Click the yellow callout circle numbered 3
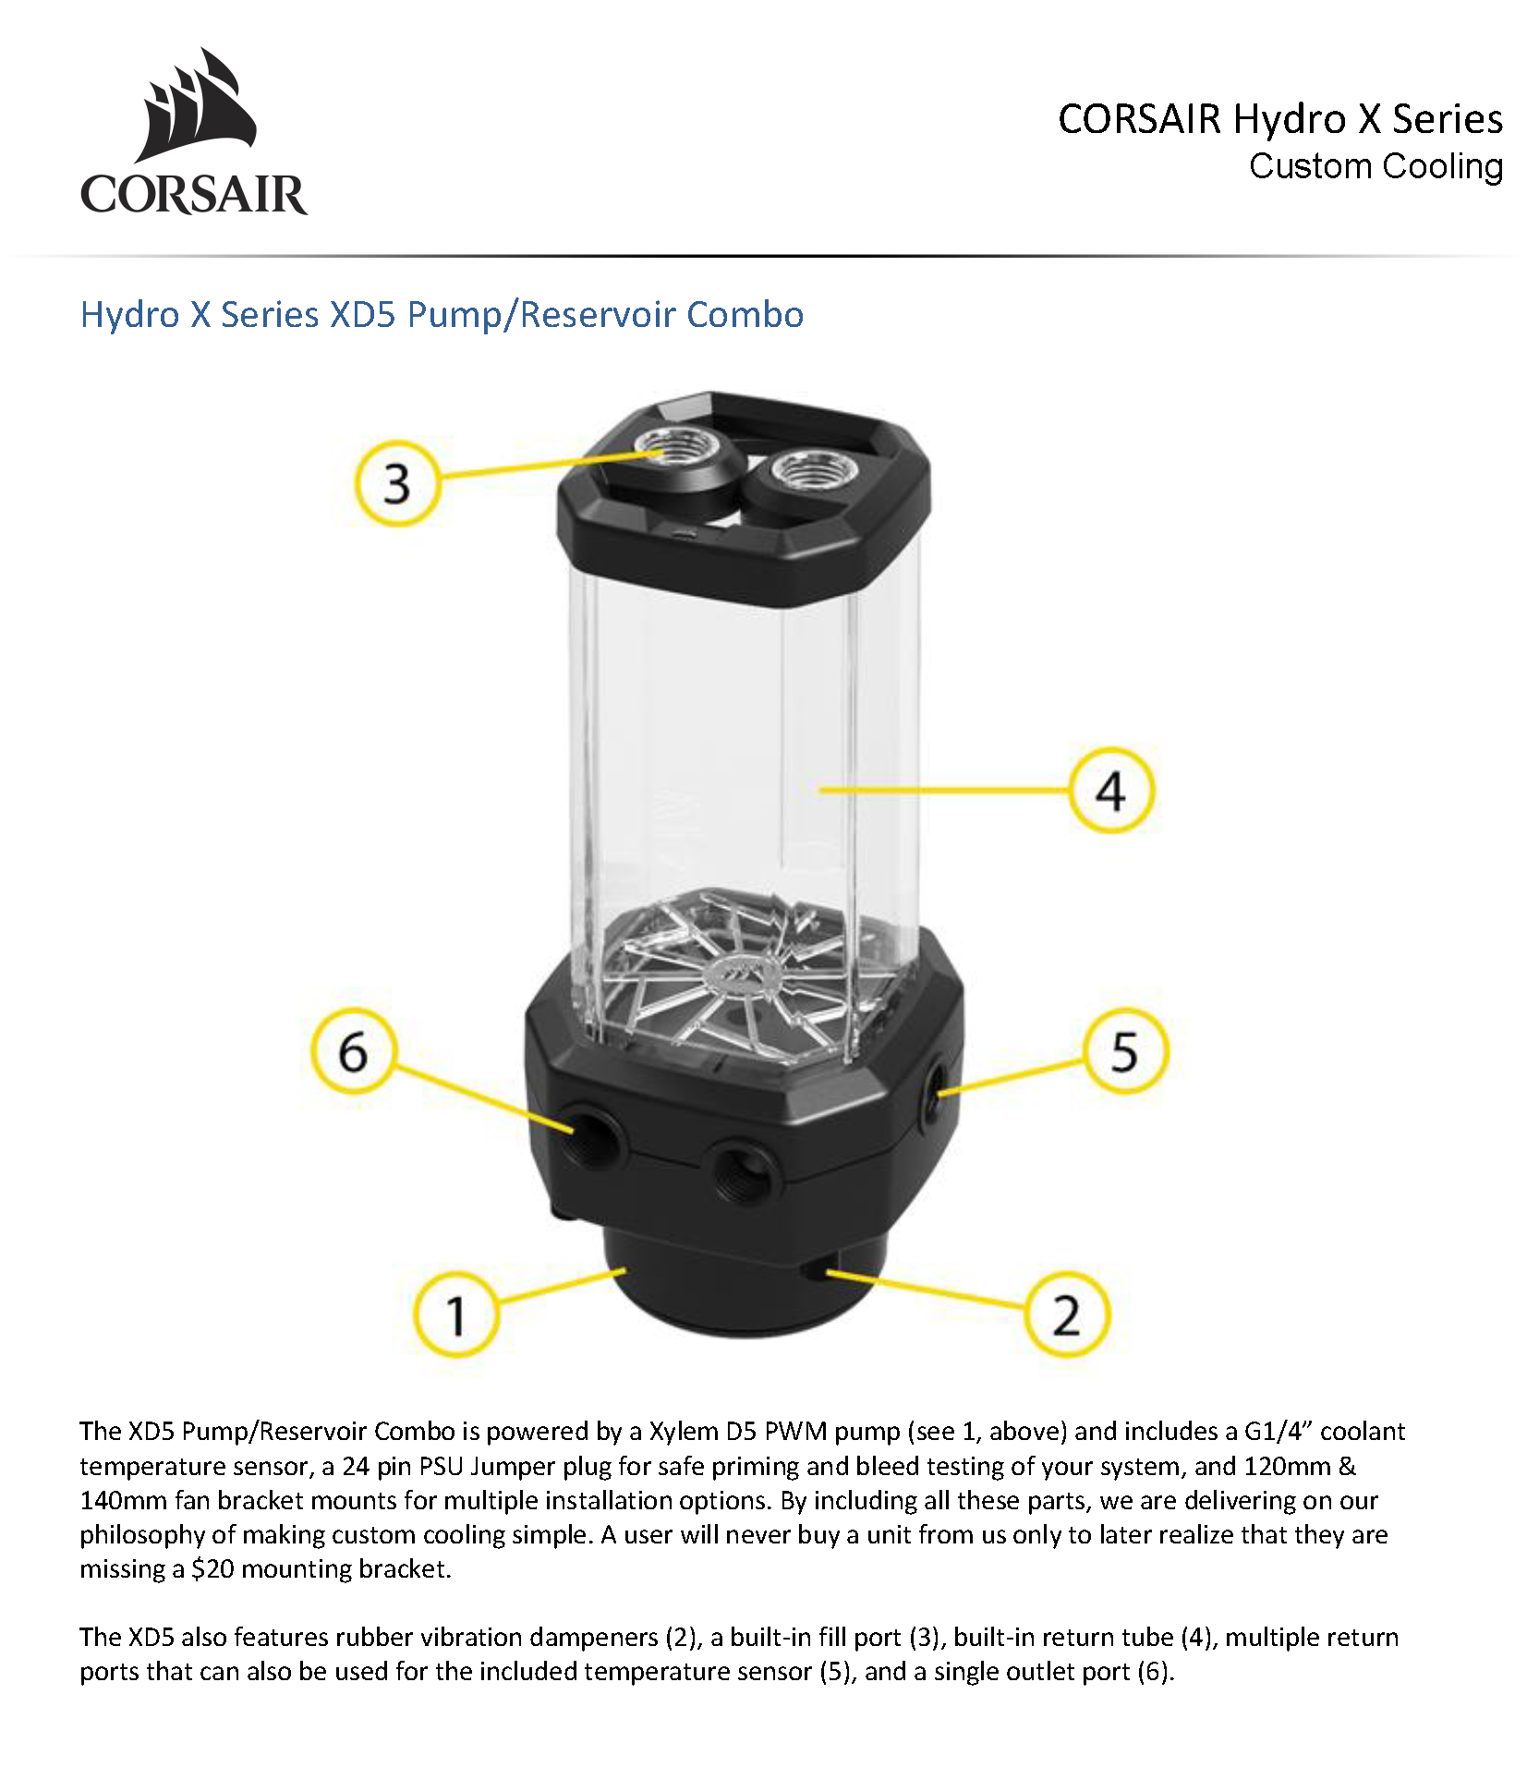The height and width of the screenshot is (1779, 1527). (x=396, y=483)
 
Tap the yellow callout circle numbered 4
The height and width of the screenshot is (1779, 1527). (x=1110, y=790)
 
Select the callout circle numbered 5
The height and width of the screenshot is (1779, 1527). (x=1124, y=1051)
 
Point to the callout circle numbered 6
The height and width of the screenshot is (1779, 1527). (x=353, y=1051)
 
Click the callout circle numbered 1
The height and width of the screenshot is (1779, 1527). (x=455, y=1314)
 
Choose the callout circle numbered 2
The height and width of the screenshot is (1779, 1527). (x=1066, y=1314)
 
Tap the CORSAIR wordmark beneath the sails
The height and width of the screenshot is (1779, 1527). (x=194, y=194)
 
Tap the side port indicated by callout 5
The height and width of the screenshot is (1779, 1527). (x=935, y=1089)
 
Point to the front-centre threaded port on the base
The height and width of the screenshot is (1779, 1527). (x=742, y=1168)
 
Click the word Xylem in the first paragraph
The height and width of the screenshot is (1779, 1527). (x=684, y=1431)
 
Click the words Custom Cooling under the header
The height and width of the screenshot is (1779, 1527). (x=1376, y=166)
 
